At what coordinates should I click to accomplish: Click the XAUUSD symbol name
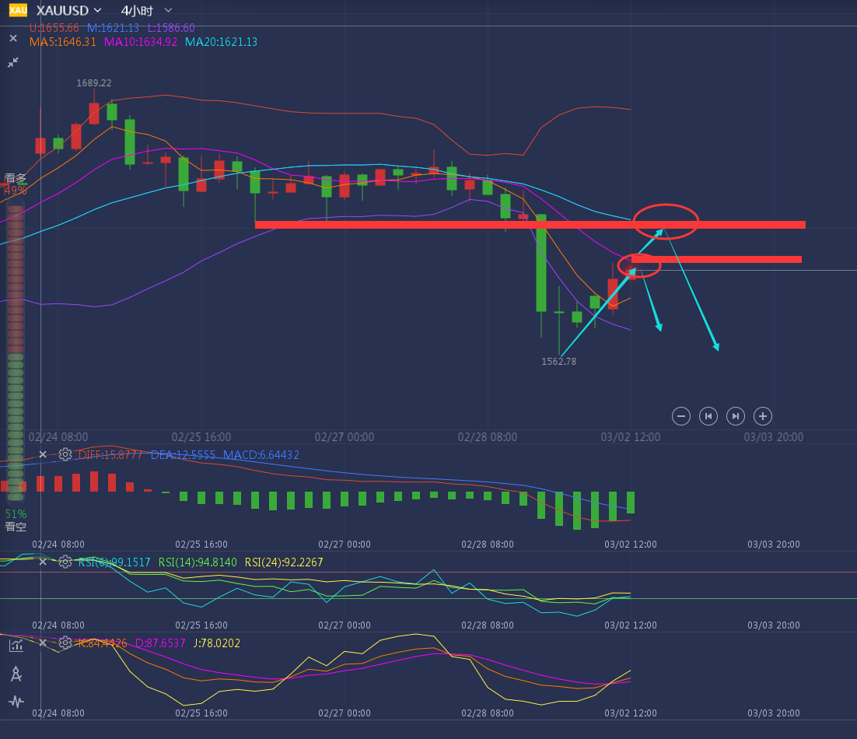tap(61, 10)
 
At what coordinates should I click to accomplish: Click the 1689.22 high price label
tap(94, 82)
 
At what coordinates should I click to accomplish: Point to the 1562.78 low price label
tap(559, 361)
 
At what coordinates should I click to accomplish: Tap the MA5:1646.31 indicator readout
tap(63, 42)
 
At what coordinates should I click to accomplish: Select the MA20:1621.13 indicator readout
tap(221, 42)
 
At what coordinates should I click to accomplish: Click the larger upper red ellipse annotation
tap(666, 221)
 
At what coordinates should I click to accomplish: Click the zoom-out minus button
tap(681, 416)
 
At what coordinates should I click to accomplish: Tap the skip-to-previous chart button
tap(708, 416)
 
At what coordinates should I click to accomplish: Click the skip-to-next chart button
tap(735, 416)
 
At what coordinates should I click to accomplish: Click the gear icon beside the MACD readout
tap(65, 454)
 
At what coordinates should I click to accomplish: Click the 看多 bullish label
tap(16, 178)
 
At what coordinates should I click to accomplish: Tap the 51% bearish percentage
tap(16, 514)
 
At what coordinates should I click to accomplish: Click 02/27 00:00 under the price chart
tap(345, 437)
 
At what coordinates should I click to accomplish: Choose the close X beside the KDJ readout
tap(43, 643)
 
